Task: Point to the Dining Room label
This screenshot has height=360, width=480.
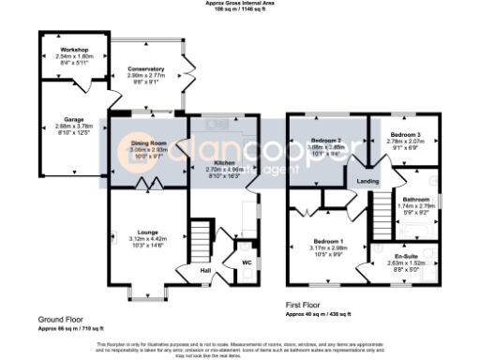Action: (x=147, y=142)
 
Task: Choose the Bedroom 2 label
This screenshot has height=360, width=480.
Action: (x=327, y=139)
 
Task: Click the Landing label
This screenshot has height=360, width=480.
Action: (x=368, y=181)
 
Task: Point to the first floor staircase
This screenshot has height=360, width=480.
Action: (x=381, y=216)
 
